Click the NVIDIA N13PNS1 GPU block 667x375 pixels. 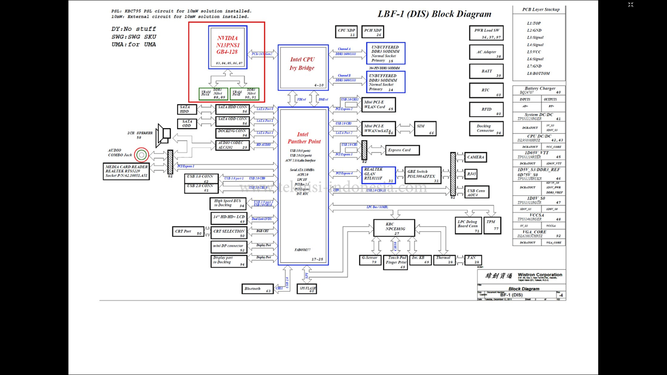(x=228, y=47)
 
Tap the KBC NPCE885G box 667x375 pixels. (x=394, y=228)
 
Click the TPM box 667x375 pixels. (x=492, y=225)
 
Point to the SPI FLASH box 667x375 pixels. (x=307, y=288)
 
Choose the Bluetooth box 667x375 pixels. (x=257, y=289)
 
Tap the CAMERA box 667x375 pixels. (x=475, y=157)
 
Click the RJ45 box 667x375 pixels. (x=472, y=174)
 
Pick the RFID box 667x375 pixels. (x=486, y=109)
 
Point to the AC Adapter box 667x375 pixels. (x=486, y=53)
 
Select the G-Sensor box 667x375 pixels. (x=370, y=259)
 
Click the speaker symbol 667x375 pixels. (x=164, y=134)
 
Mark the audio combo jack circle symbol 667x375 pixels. (x=141, y=155)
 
